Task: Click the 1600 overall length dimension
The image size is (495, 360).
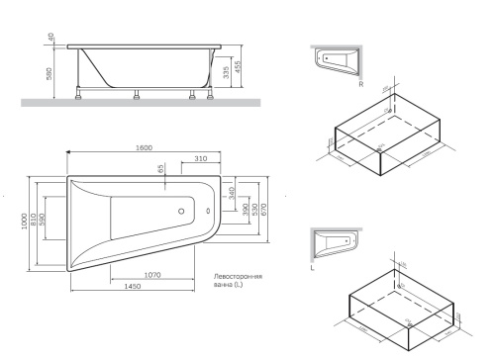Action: pyautogui.click(x=145, y=148)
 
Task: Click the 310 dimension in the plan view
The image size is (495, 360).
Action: pyautogui.click(x=201, y=158)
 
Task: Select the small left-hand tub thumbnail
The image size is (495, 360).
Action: pyautogui.click(x=334, y=243)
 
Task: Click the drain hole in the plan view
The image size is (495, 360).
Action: pyautogui.click(x=181, y=211)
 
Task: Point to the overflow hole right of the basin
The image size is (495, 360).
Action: pyautogui.click(x=207, y=211)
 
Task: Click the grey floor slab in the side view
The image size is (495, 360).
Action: pyautogui.click(x=139, y=103)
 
